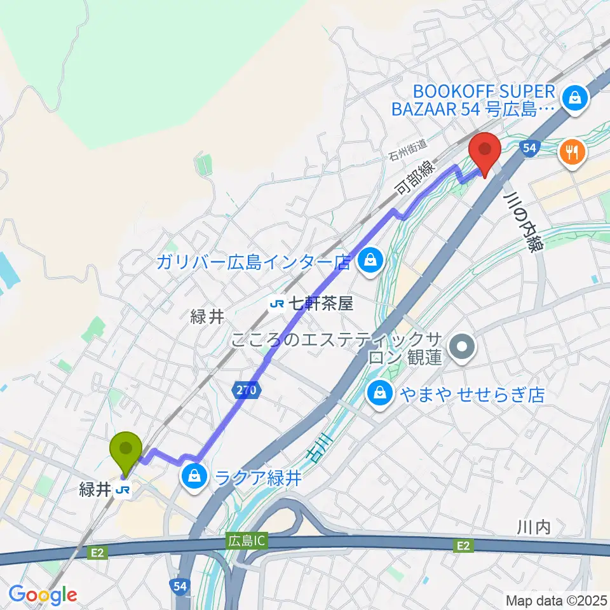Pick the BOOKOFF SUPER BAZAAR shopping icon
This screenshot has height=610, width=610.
tap(574, 98)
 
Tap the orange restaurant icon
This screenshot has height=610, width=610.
tap(571, 152)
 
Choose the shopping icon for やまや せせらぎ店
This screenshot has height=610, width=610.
tap(379, 394)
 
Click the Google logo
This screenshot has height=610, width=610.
tap(43, 595)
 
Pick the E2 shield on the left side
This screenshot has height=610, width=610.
tap(97, 553)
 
